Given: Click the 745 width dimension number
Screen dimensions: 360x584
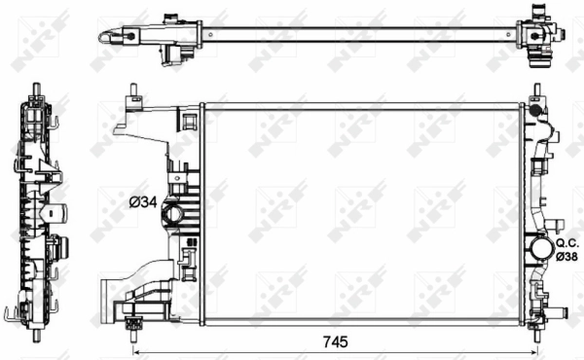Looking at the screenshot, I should tap(335, 342).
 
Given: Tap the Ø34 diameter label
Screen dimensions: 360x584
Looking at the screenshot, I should tap(144, 201).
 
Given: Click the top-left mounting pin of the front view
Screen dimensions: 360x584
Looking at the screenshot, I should tap(130, 93).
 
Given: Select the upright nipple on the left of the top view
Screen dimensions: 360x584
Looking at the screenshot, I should tap(169, 17).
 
